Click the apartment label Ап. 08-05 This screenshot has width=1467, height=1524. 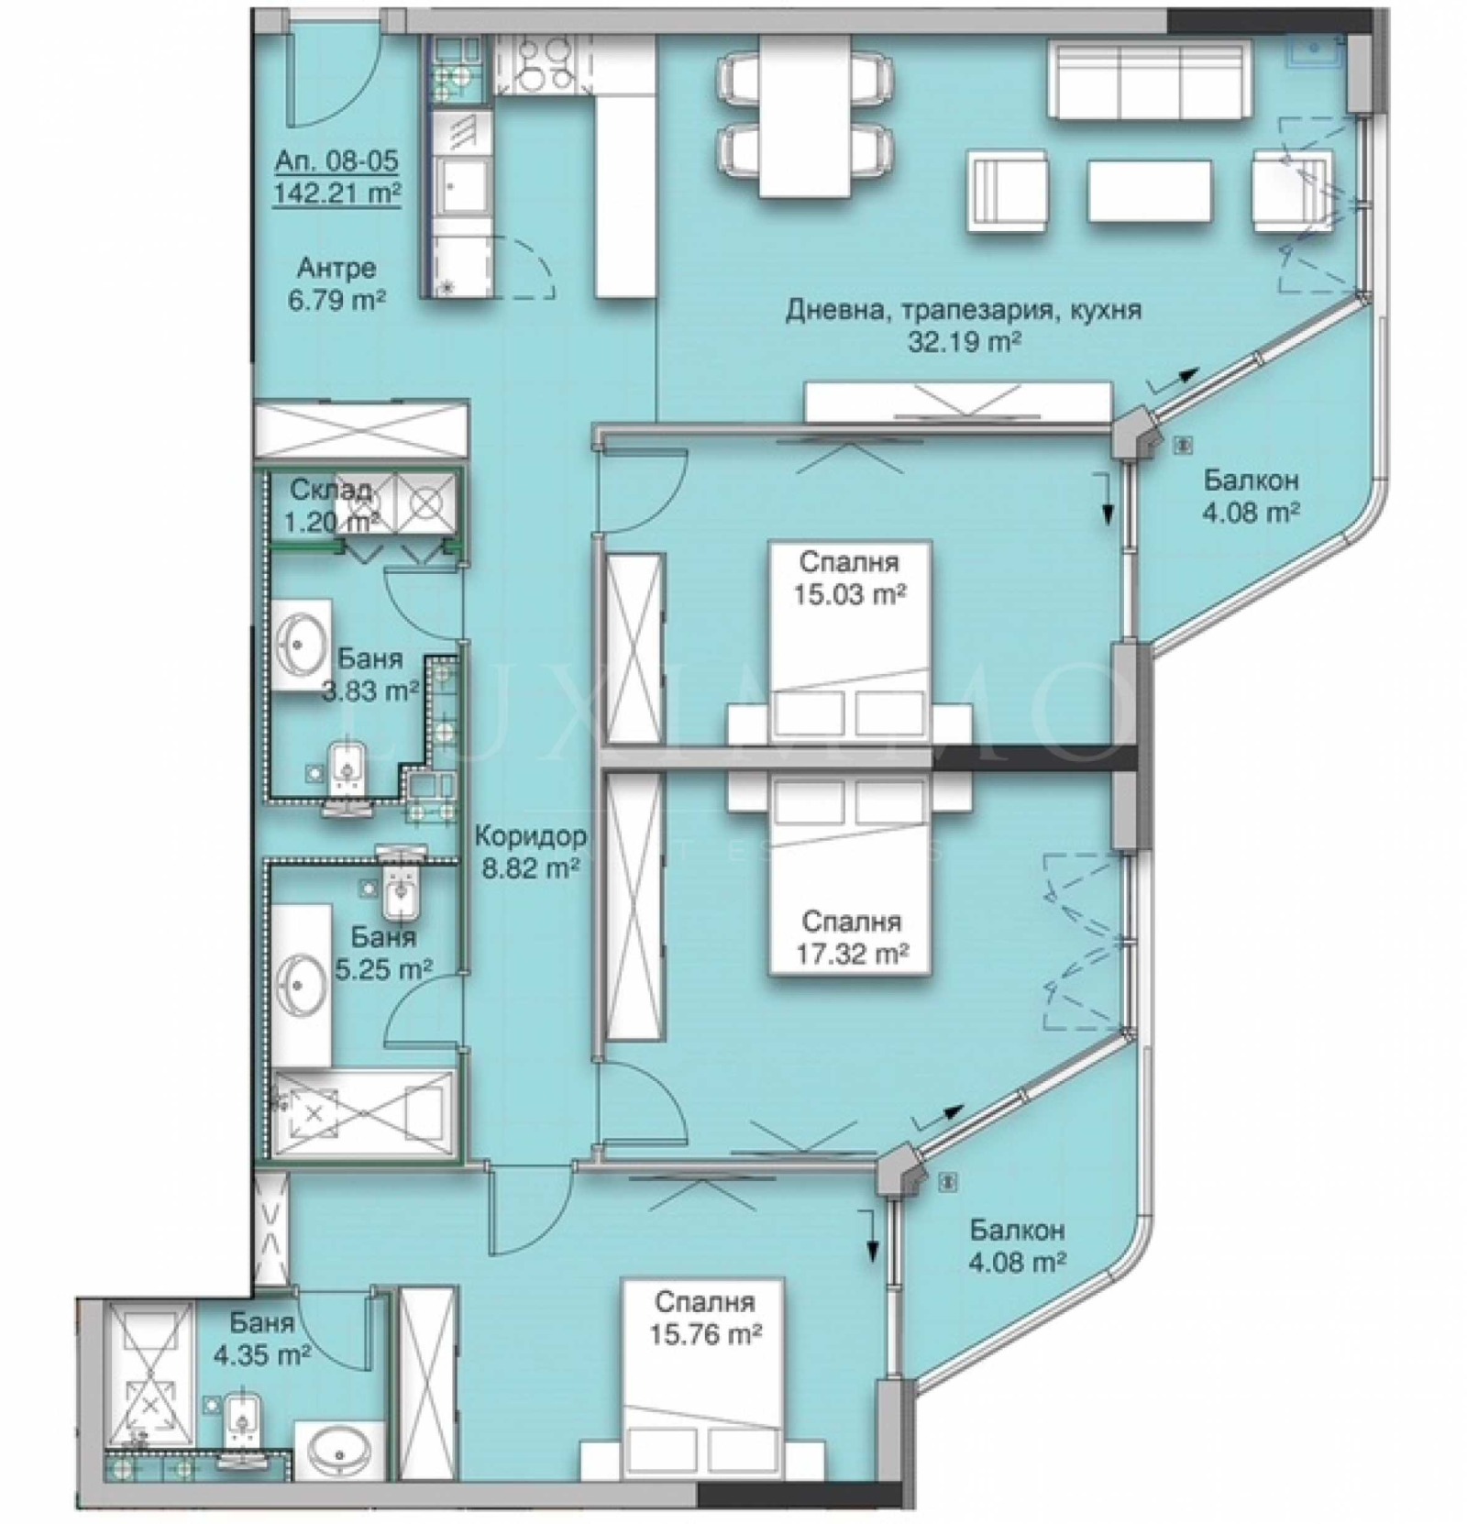(x=336, y=162)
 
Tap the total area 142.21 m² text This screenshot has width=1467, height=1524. (x=336, y=193)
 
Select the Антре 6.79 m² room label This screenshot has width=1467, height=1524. (x=336, y=283)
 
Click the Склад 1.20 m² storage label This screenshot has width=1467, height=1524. (x=331, y=505)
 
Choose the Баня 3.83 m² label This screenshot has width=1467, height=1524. (x=370, y=674)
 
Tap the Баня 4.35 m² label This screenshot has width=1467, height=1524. (x=262, y=1338)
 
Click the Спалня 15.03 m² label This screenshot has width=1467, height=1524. (x=849, y=578)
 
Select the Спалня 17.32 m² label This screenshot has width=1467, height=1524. (x=851, y=937)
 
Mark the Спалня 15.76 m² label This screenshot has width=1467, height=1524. (x=705, y=1318)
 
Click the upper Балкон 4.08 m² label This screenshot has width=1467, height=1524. (x=1251, y=496)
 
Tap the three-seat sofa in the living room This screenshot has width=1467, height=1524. (x=1150, y=80)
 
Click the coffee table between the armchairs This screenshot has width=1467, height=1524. (x=1149, y=190)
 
